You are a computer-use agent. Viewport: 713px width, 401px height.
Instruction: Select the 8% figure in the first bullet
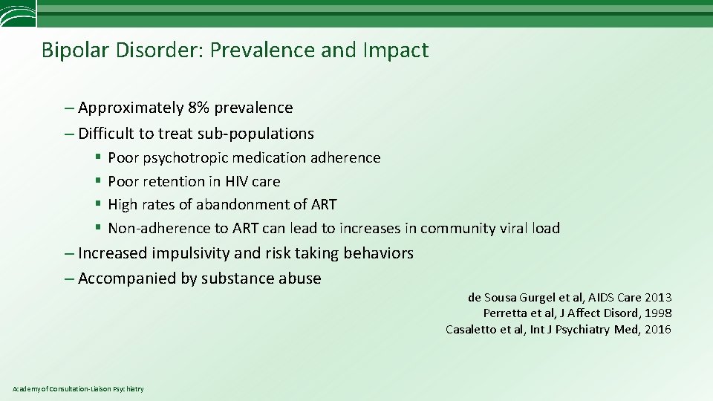tap(199, 108)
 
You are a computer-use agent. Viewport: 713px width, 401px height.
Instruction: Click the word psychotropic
tap(185, 157)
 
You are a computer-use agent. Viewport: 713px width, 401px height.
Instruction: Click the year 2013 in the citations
tap(657, 298)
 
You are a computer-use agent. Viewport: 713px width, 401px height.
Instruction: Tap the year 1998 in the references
tap(657, 313)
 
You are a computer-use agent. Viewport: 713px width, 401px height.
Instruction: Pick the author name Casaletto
tap(473, 330)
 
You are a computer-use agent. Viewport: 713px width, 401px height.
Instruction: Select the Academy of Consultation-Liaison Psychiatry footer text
tap(78, 389)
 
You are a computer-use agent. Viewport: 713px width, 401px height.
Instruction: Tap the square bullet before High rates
tap(98, 204)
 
